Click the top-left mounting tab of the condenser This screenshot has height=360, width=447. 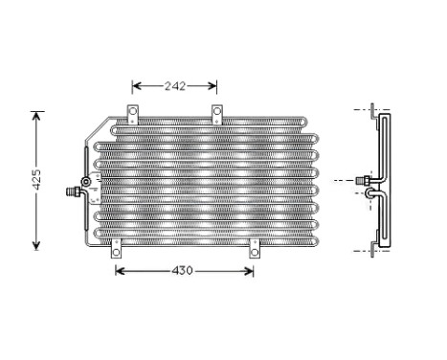coord(132,114)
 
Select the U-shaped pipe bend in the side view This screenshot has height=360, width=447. coord(372,194)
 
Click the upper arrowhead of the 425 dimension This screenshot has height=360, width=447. coord(37,116)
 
